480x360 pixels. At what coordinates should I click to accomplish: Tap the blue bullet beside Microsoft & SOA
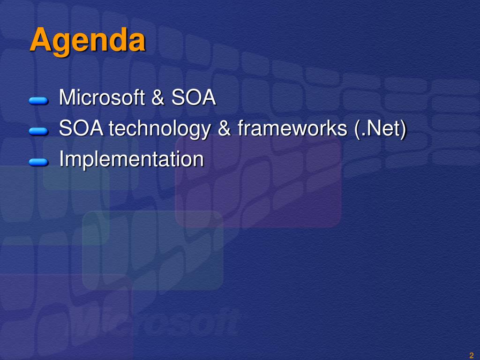pos(38,101)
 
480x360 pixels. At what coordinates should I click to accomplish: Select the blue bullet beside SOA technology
pos(38,131)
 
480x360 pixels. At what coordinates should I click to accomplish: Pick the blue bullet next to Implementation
pos(38,162)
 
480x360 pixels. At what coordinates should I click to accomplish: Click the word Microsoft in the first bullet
pos(102,97)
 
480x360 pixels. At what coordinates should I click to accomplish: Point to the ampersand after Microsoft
pos(158,97)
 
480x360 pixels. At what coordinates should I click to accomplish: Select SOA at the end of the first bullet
pos(194,97)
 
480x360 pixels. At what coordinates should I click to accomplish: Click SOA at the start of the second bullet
pos(81,128)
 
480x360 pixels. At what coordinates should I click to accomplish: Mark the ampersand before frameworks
pos(225,128)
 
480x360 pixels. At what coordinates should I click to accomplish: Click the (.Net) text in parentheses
pos(380,128)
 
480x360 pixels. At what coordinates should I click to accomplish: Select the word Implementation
pos(132,159)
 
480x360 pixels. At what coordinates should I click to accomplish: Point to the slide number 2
pos(472,355)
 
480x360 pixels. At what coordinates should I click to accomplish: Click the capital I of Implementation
pos(61,158)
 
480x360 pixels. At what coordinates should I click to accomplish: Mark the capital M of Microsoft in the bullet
pos(67,97)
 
